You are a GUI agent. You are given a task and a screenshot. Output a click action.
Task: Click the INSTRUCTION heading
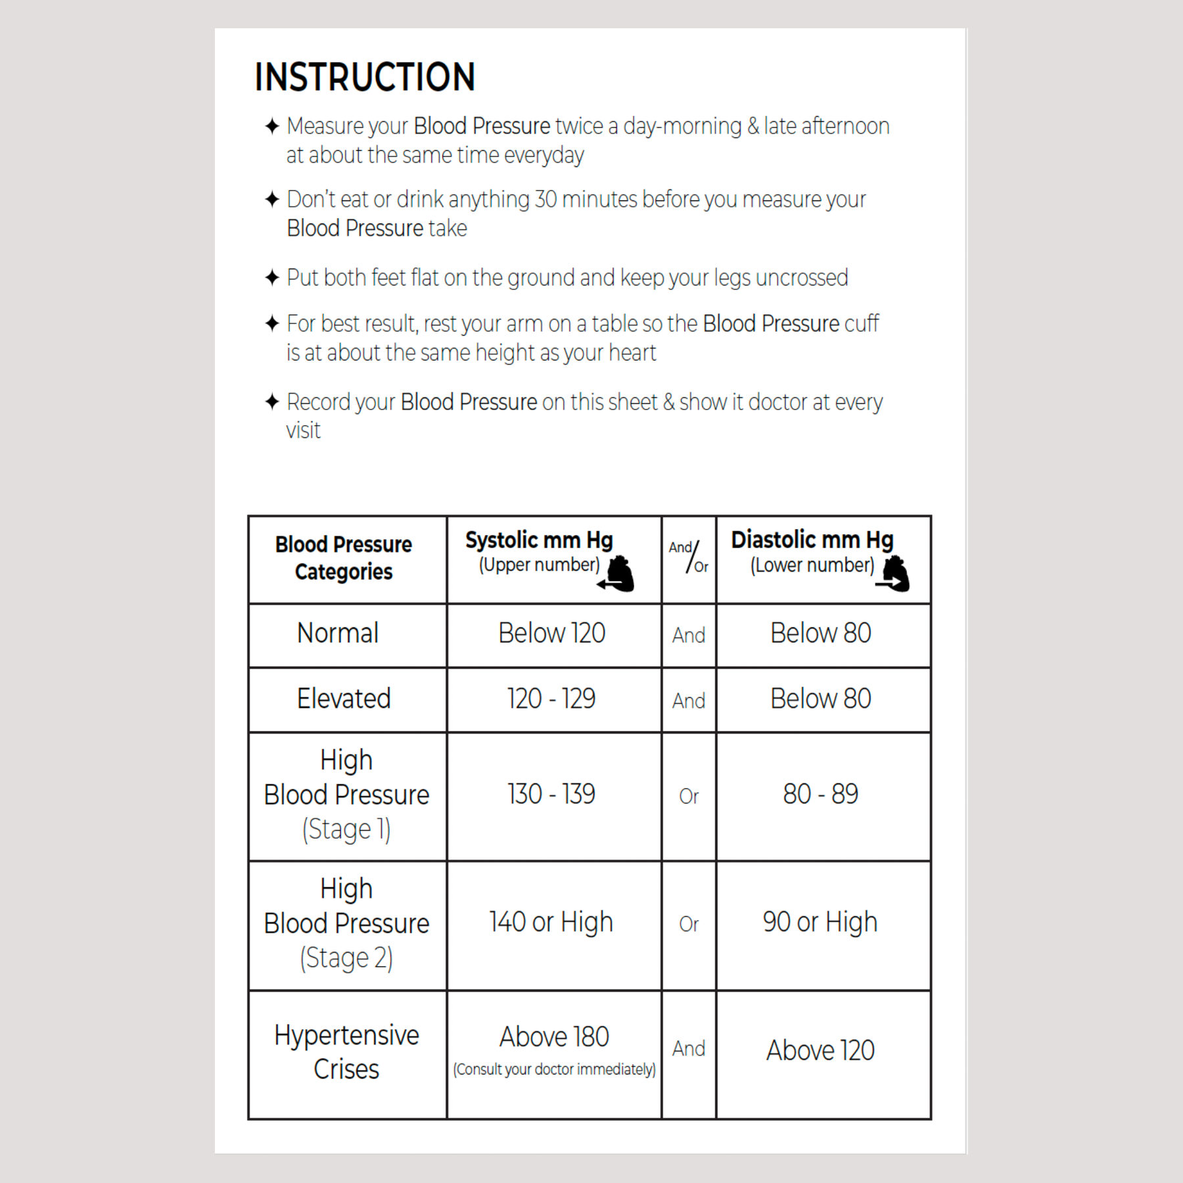(365, 77)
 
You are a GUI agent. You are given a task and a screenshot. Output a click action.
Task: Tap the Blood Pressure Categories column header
(343, 558)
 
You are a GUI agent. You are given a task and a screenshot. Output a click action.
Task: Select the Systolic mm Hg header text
(539, 540)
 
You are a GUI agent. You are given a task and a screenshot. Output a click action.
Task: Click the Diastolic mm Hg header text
(812, 540)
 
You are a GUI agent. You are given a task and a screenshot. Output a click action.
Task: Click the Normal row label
(338, 634)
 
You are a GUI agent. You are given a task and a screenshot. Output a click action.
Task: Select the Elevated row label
(344, 699)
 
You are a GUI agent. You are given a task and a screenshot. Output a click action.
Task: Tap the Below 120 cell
(551, 634)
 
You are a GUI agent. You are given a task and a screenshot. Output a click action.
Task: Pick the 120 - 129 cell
(551, 699)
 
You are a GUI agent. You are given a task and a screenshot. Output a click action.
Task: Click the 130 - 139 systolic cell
(551, 795)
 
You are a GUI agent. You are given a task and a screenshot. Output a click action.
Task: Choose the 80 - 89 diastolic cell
(820, 795)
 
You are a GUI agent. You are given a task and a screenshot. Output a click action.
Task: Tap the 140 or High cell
(551, 923)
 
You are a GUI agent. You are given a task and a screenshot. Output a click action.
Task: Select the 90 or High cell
(820, 923)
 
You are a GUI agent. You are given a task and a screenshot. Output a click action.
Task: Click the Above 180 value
(554, 1037)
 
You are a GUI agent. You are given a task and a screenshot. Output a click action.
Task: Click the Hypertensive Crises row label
(346, 1052)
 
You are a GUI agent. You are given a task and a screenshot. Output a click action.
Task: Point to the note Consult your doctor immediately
(554, 1070)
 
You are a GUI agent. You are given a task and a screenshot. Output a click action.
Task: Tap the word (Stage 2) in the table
(346, 958)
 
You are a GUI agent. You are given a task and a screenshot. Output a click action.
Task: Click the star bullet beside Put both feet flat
(272, 277)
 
